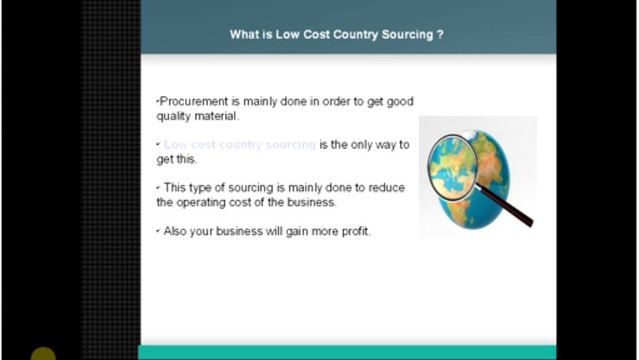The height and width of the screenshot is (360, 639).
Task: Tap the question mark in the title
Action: [441, 34]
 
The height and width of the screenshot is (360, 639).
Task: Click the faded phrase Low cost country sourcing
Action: [240, 145]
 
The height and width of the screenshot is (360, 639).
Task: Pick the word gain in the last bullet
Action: [292, 231]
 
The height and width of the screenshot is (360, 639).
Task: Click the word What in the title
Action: [244, 34]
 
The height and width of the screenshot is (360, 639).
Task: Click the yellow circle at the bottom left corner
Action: [43, 354]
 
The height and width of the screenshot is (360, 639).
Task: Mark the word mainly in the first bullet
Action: [261, 101]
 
